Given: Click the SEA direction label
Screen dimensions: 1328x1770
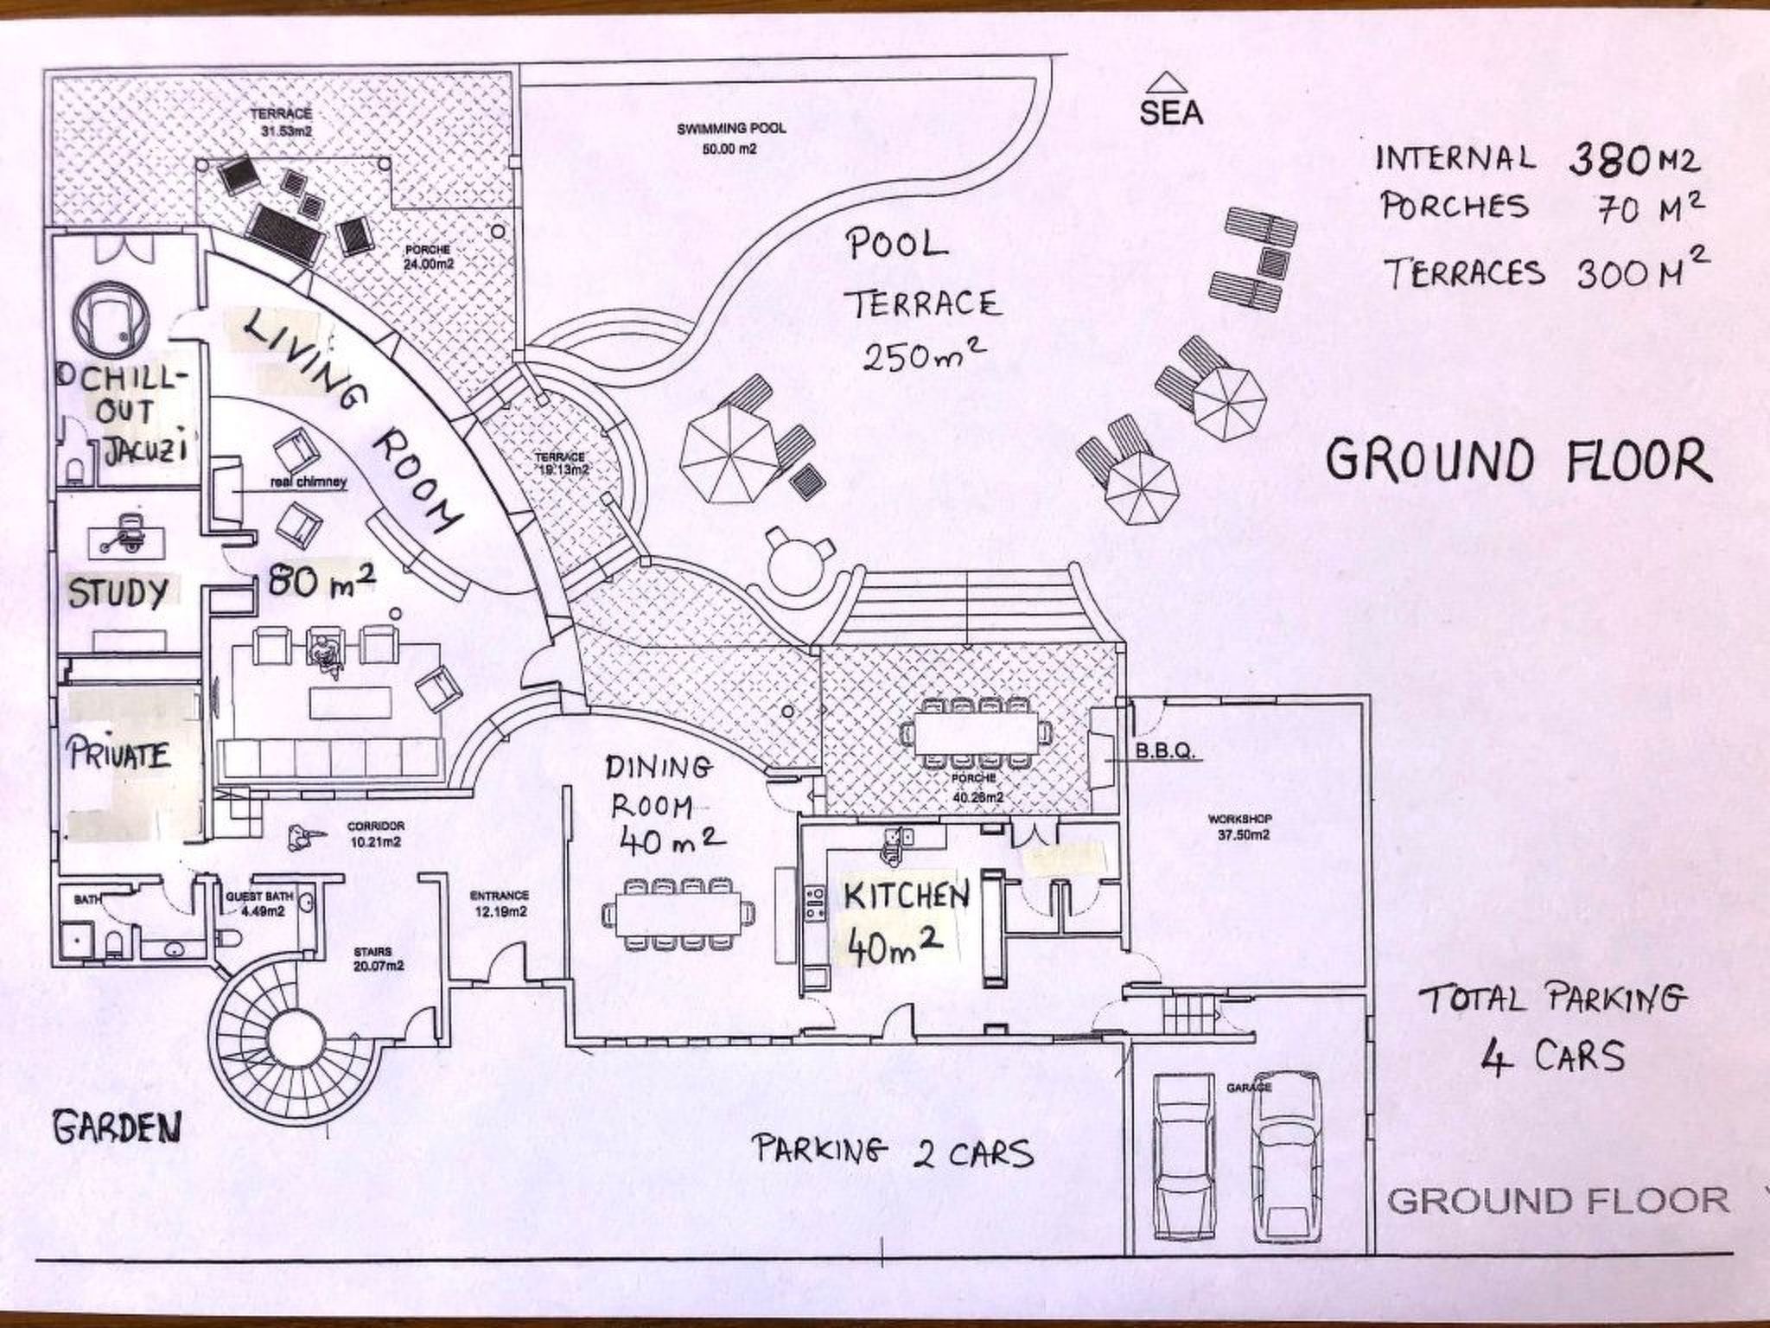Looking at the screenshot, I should (x=1170, y=112).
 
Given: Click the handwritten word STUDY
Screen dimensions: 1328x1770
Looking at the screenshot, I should (x=118, y=594).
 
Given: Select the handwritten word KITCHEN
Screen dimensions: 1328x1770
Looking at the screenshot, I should (x=906, y=897).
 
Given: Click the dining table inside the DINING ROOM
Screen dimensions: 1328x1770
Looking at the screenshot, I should (x=678, y=913).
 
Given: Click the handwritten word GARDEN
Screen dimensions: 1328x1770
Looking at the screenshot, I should (x=118, y=1127).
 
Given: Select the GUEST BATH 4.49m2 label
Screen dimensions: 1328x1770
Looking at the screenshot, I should (x=257, y=904).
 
